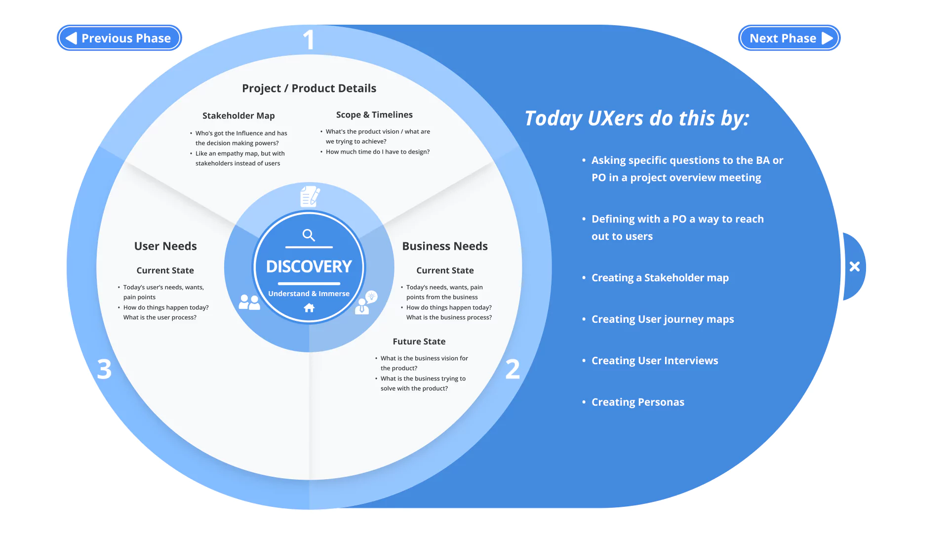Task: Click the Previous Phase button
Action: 119,38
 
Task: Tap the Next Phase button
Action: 789,38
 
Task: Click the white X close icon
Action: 855,266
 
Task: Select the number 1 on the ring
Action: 309,40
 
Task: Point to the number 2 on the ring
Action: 513,369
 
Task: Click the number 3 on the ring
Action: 104,369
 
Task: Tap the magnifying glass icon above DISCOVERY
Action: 309,235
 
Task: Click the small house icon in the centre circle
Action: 309,308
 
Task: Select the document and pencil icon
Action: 310,196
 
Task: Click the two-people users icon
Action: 249,302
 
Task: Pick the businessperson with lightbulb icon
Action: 366,302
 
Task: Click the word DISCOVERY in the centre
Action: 309,266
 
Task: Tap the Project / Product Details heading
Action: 309,88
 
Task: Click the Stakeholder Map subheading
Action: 238,115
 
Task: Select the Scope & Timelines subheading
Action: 374,114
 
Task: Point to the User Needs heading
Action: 165,246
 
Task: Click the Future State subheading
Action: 419,342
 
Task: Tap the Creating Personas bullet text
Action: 637,402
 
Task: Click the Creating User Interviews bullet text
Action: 655,361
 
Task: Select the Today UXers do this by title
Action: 637,118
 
